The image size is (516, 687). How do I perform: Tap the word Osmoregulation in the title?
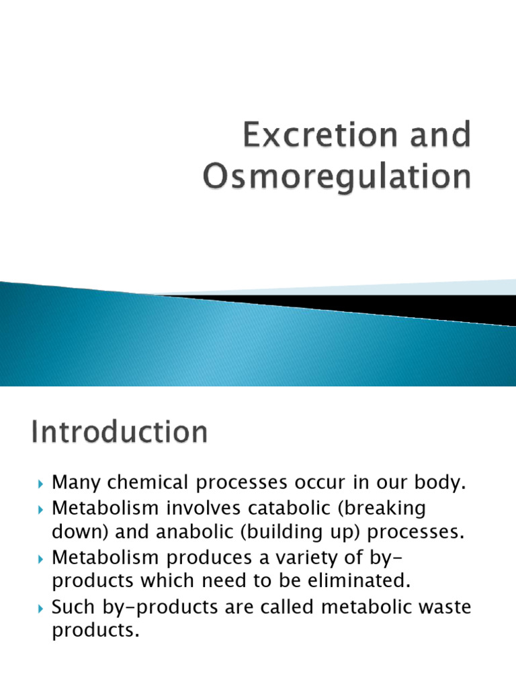(x=336, y=177)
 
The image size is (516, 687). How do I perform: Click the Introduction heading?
(x=120, y=432)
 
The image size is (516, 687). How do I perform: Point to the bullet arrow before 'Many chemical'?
(x=41, y=483)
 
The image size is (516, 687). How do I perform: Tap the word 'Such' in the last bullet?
(x=75, y=609)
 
